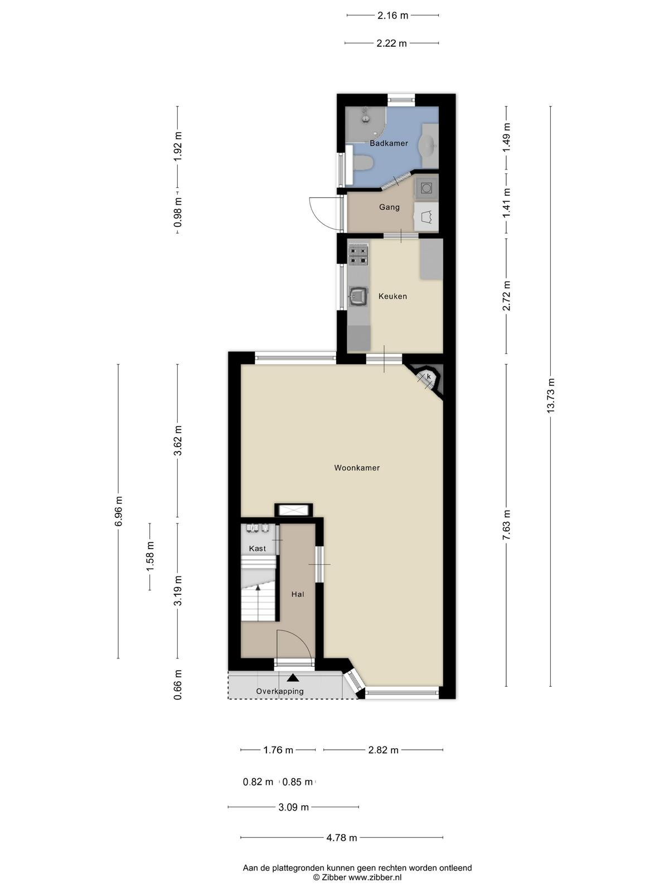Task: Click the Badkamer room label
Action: [x=389, y=143]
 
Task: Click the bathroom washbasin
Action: [x=429, y=144]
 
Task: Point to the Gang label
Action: [x=389, y=207]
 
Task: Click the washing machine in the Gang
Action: [x=426, y=188]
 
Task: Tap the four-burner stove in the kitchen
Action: [x=358, y=254]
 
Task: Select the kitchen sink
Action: [x=358, y=296]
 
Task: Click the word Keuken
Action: [x=392, y=296]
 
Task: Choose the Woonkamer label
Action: [x=357, y=468]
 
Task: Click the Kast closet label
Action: [x=258, y=549]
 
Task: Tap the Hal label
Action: [x=298, y=594]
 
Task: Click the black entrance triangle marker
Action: [x=293, y=677]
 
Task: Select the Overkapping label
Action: [x=280, y=691]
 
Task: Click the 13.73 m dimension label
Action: [x=550, y=396]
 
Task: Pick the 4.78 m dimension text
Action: [x=342, y=837]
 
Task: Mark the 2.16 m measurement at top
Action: [x=393, y=16]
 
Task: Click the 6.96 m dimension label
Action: [x=118, y=511]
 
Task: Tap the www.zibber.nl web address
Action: [x=375, y=878]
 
